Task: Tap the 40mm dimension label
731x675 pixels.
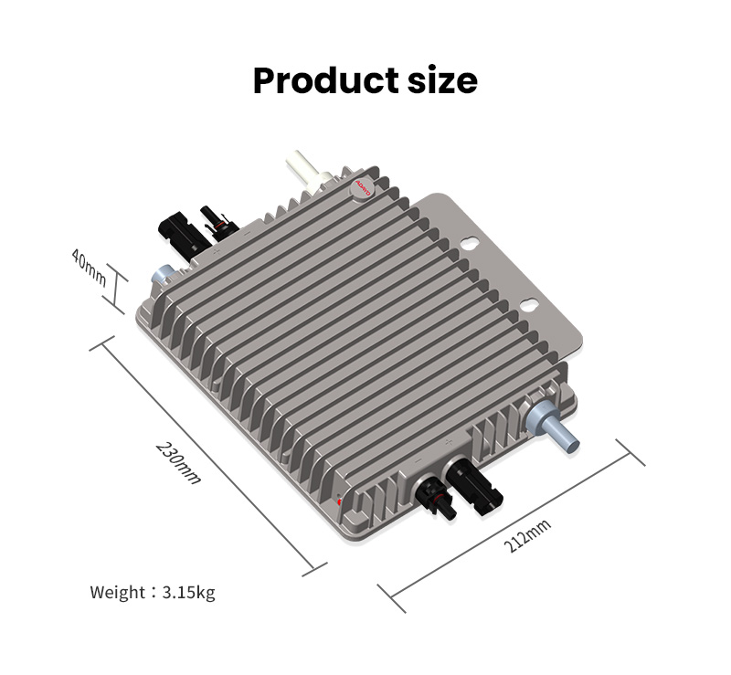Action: pyautogui.click(x=90, y=269)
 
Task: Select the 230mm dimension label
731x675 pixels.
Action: pyautogui.click(x=178, y=462)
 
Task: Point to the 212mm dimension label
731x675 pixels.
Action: pyautogui.click(x=528, y=537)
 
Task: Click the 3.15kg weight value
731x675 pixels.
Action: pyautogui.click(x=189, y=593)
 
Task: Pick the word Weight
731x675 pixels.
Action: pyautogui.click(x=118, y=593)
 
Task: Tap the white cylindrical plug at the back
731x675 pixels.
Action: pyautogui.click(x=303, y=172)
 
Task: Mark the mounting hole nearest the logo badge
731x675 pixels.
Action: pyautogui.click(x=470, y=244)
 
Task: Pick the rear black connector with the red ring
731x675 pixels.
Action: pyautogui.click(x=219, y=220)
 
